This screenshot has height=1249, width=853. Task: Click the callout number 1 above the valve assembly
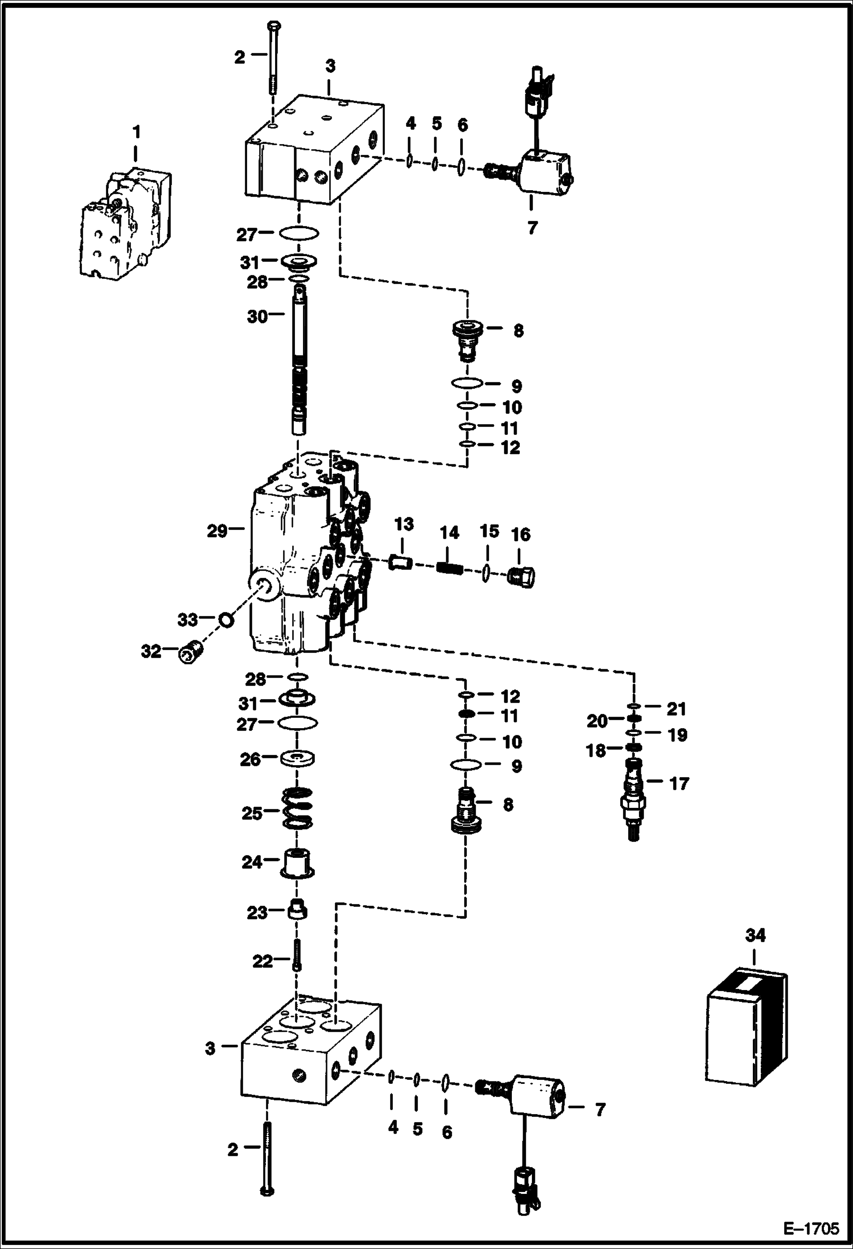pos(136,132)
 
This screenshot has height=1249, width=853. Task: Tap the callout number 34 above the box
pos(755,935)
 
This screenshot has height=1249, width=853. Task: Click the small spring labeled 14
pos(448,568)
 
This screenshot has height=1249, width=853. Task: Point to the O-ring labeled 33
pos(225,619)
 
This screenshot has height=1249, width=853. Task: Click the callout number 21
pos(676,709)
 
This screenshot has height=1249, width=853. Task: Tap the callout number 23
pos(257,913)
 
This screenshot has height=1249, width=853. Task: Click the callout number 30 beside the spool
pos(257,316)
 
